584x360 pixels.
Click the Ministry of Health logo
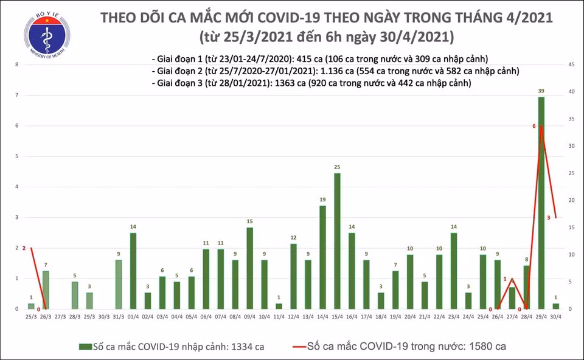(x=46, y=35)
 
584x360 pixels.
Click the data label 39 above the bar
(x=541, y=91)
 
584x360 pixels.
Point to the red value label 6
(x=534, y=126)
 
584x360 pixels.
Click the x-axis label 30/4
(x=555, y=317)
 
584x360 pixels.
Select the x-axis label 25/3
(x=31, y=317)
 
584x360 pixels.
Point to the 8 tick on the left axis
(x=16, y=64)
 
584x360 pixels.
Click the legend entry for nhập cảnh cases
(x=172, y=347)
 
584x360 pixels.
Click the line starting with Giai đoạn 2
(x=335, y=71)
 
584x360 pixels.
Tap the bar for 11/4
(x=279, y=306)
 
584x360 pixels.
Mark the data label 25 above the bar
(x=337, y=167)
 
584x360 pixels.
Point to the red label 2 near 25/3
(x=24, y=248)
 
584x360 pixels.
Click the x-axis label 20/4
(x=409, y=317)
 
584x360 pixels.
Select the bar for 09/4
(x=249, y=268)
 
